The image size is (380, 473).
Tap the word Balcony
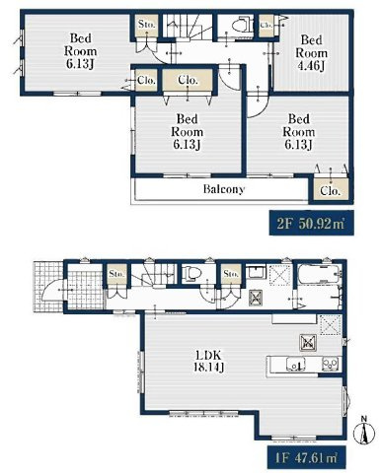click(x=225, y=189)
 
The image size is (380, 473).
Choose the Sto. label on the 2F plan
click(x=147, y=23)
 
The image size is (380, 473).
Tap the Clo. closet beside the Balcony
click(x=328, y=192)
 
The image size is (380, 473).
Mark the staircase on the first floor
click(x=152, y=279)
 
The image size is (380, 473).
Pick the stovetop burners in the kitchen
click(x=328, y=366)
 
